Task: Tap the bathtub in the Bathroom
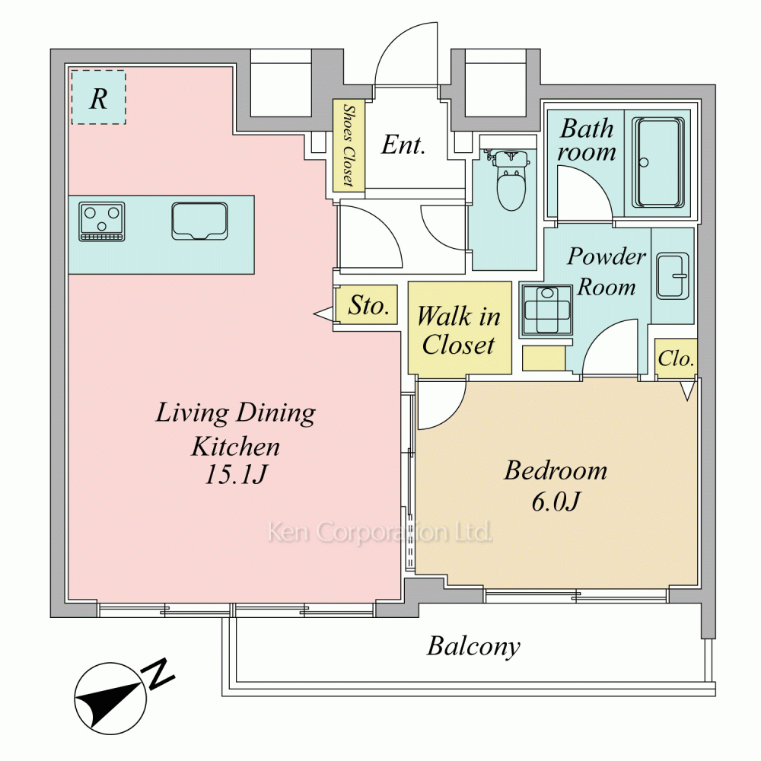(x=660, y=163)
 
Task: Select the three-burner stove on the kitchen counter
(x=102, y=221)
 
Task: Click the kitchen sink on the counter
(x=199, y=221)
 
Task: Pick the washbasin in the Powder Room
(x=673, y=275)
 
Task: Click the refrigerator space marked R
(x=98, y=97)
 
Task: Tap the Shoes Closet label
(x=348, y=145)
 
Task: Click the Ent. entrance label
(x=403, y=145)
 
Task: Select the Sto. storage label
(x=369, y=306)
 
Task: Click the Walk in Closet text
(x=459, y=330)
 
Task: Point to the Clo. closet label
(x=676, y=358)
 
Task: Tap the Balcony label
(x=473, y=646)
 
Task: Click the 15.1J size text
(x=235, y=474)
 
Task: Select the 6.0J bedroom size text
(x=556, y=501)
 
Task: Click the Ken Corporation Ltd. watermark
(x=380, y=532)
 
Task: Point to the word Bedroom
(x=556, y=470)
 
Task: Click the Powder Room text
(x=607, y=272)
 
